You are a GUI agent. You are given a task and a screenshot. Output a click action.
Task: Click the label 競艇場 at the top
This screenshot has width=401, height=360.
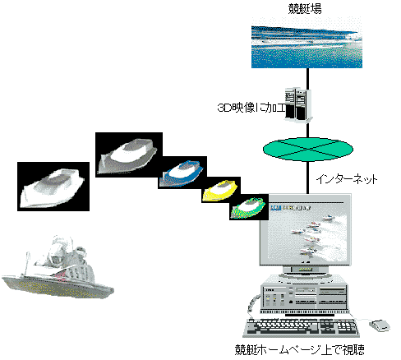coord(305,9)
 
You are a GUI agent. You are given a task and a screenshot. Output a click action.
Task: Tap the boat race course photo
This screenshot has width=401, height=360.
coord(307,46)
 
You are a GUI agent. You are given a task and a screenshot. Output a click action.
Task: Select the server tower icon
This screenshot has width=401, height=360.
coord(298,105)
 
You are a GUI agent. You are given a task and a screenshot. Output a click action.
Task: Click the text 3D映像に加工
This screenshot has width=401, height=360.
coord(251,108)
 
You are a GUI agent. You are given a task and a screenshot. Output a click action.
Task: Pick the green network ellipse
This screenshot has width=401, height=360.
coord(308,150)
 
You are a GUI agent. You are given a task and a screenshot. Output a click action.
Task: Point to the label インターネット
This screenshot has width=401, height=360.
coord(347,179)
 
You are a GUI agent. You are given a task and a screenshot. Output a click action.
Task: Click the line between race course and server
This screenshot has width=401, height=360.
coord(307,78)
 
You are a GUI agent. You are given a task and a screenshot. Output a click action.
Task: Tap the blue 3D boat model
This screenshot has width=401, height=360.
coord(183,173)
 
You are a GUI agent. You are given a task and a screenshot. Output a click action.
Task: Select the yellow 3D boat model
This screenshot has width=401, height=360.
coord(219,190)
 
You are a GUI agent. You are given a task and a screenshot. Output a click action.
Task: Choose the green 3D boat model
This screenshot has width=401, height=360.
coord(248,208)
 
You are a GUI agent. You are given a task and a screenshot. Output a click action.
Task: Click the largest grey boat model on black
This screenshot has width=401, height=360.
coord(127,155)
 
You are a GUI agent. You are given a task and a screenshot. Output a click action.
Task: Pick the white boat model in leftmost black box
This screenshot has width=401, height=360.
coord(53,188)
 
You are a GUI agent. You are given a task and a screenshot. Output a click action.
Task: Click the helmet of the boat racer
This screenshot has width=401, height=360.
coord(57,260)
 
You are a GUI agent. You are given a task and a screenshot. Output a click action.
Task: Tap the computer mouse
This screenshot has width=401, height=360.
coord(380,325)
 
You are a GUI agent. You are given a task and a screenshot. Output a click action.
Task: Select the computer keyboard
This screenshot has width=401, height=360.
coord(302,327)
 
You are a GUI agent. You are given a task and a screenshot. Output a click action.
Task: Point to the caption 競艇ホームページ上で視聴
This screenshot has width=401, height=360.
coord(300,350)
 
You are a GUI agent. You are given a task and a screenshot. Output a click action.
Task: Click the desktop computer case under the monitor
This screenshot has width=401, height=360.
coord(305,295)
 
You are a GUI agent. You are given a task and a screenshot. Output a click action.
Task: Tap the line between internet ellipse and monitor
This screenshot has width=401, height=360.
coord(307,178)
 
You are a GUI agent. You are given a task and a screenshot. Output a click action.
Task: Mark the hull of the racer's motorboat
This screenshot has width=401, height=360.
coord(58,286)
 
